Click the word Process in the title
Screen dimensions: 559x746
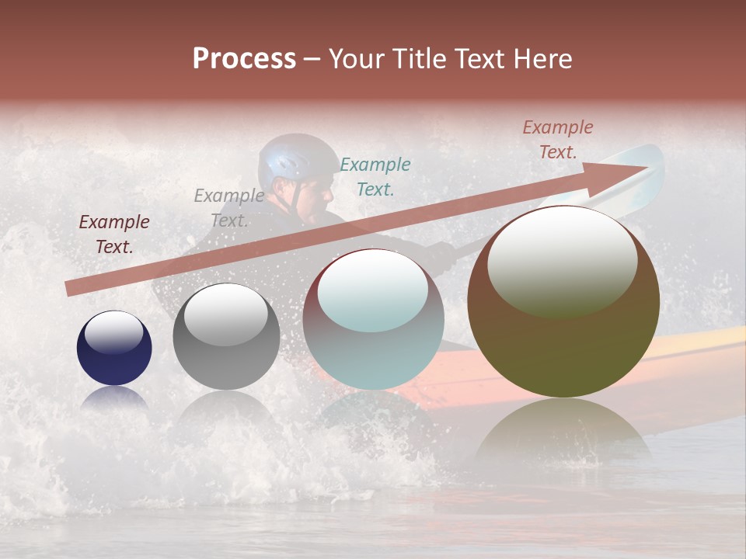[x=244, y=59]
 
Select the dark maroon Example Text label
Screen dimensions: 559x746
[x=114, y=234]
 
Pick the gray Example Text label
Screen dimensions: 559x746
[x=228, y=208]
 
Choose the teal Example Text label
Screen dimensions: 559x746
[x=375, y=176]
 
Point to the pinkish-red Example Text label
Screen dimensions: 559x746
[x=557, y=140]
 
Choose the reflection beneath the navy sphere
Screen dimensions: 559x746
[x=114, y=398]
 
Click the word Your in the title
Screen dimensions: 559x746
[x=355, y=59]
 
